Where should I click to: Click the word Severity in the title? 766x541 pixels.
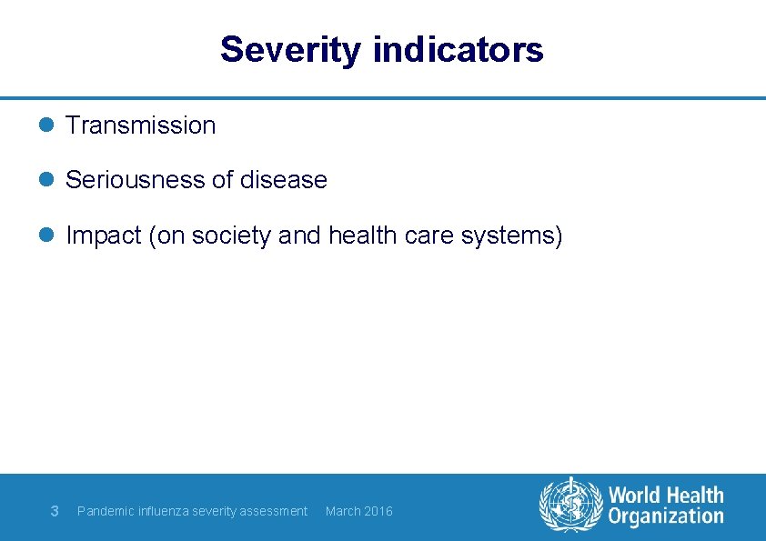click(x=290, y=50)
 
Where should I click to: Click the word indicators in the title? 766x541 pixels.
click(x=458, y=50)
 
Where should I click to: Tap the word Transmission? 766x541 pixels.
click(x=141, y=125)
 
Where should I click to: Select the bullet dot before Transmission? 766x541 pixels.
click(x=49, y=125)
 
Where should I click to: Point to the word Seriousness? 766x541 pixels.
click(x=136, y=180)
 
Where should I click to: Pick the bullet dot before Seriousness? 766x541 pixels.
click(x=49, y=180)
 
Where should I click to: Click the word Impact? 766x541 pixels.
click(x=105, y=235)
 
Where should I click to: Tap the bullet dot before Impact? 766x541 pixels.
click(x=49, y=235)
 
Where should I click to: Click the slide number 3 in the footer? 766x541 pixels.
click(x=55, y=511)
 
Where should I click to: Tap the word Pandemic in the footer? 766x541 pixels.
click(x=105, y=511)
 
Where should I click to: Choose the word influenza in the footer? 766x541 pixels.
click(x=165, y=511)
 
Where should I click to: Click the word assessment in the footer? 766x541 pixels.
click(x=276, y=511)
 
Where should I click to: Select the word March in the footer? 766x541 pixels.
click(x=343, y=511)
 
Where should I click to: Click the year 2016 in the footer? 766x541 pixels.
click(x=378, y=511)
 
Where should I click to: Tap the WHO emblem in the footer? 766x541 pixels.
click(x=570, y=505)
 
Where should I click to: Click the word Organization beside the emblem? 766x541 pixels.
click(x=666, y=517)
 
